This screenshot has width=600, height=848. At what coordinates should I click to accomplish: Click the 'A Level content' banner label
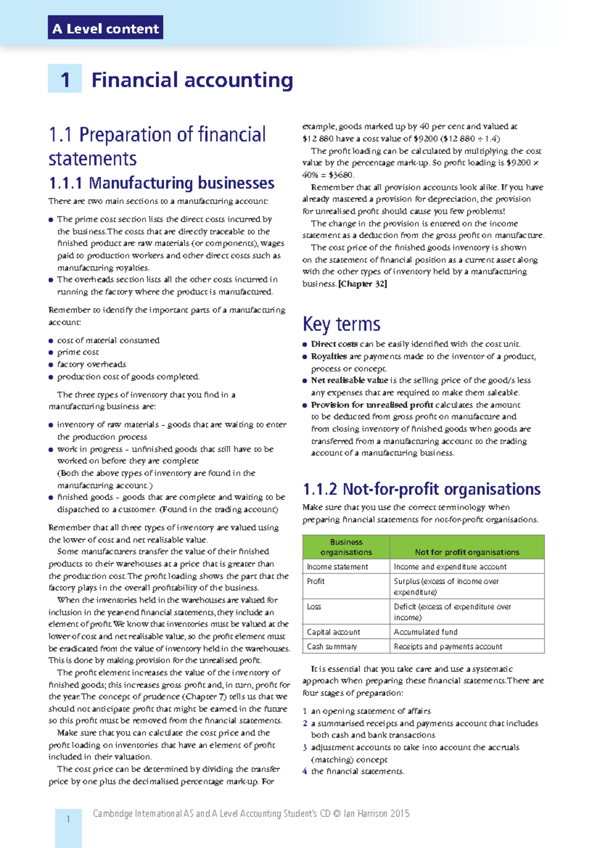point(105,28)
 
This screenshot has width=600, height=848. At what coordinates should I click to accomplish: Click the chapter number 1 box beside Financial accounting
point(65,79)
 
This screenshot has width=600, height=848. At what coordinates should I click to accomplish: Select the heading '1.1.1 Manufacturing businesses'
point(161,183)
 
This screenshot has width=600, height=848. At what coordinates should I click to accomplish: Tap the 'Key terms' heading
point(341,324)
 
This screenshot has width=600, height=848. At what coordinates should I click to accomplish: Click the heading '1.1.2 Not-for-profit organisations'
point(421,488)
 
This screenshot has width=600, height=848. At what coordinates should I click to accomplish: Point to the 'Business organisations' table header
point(346,547)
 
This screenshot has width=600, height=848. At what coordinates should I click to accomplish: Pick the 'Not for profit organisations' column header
point(466,552)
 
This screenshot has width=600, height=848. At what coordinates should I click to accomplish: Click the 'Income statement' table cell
point(337,566)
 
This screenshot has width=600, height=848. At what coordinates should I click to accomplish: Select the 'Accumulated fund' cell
point(425,632)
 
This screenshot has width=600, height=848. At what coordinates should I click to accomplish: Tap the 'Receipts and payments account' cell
point(447,646)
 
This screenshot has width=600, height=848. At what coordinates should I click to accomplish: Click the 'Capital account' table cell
point(333,632)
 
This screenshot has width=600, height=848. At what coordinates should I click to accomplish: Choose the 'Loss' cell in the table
point(314,606)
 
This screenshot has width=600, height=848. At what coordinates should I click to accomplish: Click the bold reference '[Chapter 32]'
point(362,284)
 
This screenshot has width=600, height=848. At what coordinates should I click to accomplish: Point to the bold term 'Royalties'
point(328,356)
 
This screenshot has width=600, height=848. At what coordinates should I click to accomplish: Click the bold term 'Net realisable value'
point(349,380)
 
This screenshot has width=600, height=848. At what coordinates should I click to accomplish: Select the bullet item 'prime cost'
point(78,352)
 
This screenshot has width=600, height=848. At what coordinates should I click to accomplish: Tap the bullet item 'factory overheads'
point(91,364)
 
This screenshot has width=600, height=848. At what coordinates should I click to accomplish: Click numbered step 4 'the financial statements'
point(357,771)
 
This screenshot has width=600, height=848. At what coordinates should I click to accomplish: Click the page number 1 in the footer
point(68,819)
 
